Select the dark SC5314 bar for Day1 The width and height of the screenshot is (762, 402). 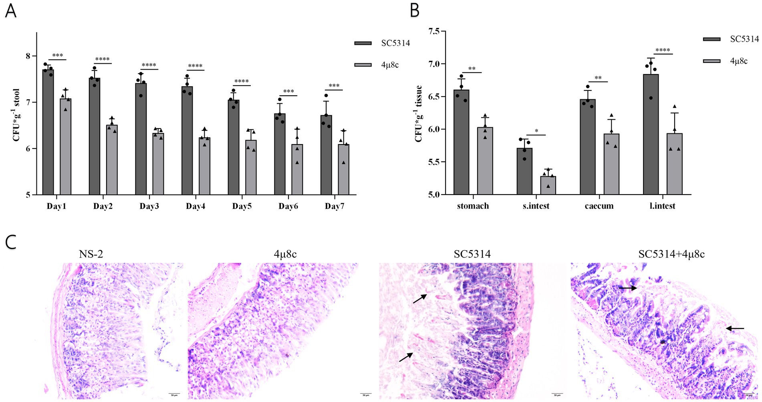coord(48,132)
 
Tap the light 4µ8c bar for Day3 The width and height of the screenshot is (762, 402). coord(158,164)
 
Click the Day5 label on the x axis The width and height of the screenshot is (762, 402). coord(242,206)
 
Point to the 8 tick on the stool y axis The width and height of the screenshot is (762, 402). coord(28,56)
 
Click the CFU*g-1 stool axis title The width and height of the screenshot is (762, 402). coord(16,115)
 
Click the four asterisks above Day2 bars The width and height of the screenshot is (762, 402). coord(103,59)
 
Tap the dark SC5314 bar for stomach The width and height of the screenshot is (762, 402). coord(461,142)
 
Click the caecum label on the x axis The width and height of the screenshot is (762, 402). coord(599,206)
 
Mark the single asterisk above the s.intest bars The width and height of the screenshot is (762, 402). coord(536,131)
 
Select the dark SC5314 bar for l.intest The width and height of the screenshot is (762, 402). coord(651,134)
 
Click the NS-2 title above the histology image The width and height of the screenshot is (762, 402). coord(91,254)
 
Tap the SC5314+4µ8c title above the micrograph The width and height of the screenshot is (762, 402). coord(671,254)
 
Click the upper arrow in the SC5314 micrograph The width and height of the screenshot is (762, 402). coord(420,299)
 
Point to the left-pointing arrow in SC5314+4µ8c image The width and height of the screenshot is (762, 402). coord(735,328)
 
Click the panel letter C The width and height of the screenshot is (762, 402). coord(11,242)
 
